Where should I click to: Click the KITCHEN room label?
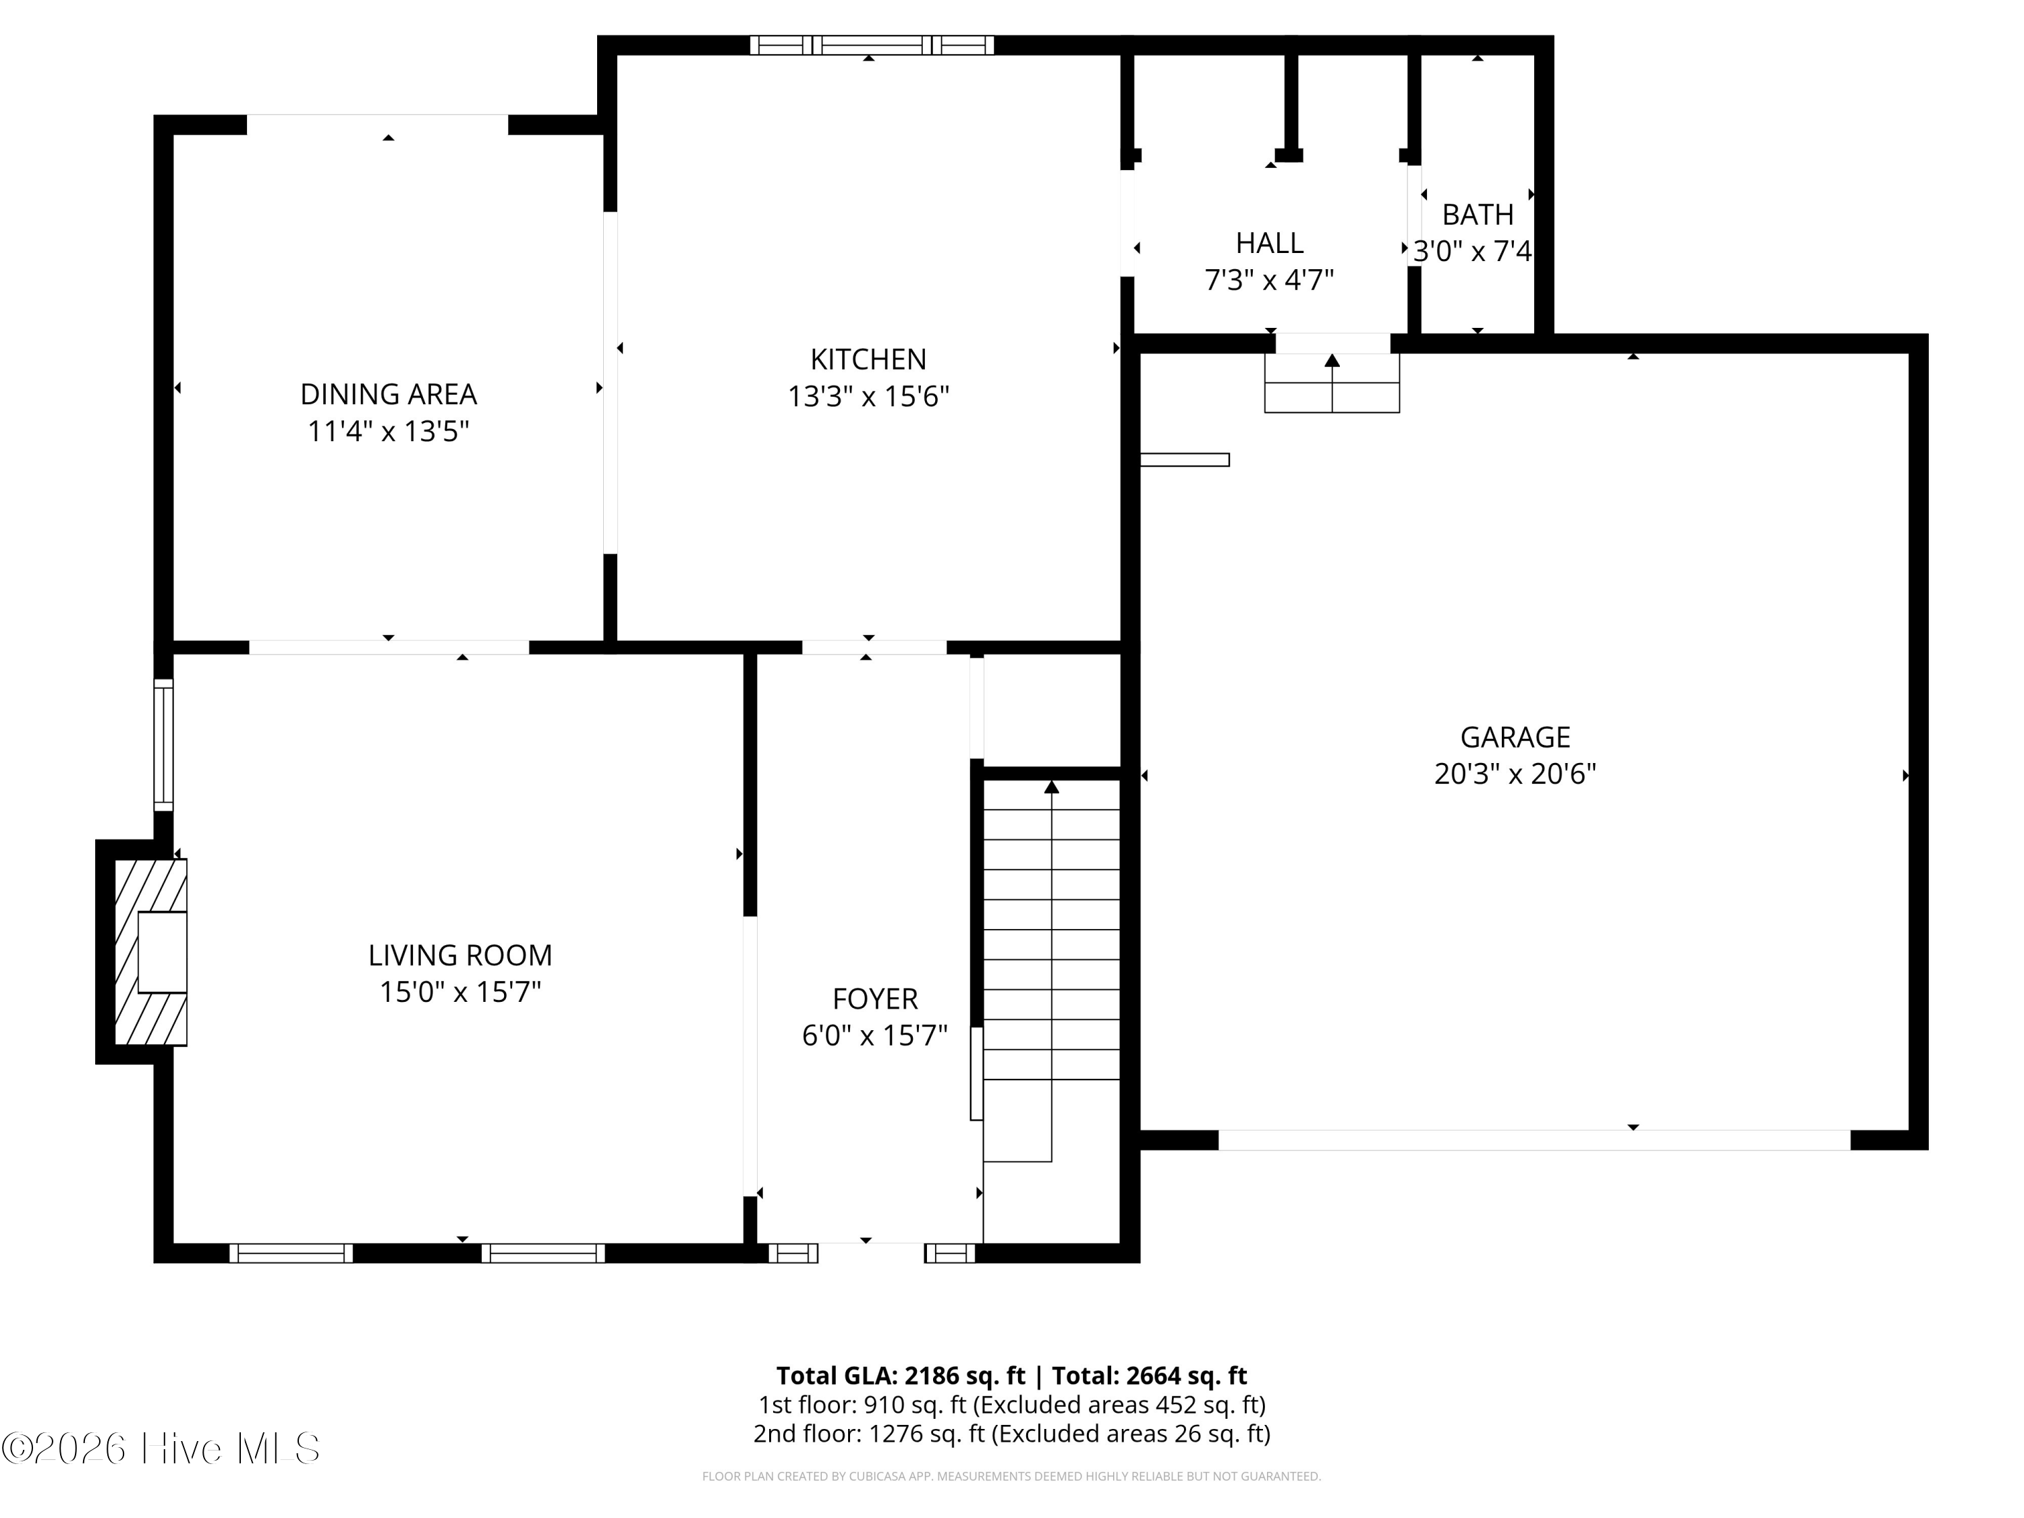(x=868, y=359)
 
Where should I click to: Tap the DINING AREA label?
(x=389, y=395)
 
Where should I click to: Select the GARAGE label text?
(x=1515, y=737)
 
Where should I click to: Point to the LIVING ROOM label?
(x=460, y=955)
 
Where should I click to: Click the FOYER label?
(x=875, y=999)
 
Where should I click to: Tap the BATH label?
(x=1478, y=214)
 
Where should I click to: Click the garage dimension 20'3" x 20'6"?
(x=1515, y=774)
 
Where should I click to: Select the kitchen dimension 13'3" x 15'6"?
(x=868, y=396)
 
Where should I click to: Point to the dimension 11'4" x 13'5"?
(x=389, y=431)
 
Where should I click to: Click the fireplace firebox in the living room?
(x=162, y=953)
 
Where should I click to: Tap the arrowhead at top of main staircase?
(x=1051, y=787)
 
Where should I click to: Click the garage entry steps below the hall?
(x=1332, y=383)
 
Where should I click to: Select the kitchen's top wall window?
(x=871, y=45)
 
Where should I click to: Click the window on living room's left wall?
(x=163, y=745)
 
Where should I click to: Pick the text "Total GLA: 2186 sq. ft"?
(x=901, y=1375)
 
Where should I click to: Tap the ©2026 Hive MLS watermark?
(x=161, y=1449)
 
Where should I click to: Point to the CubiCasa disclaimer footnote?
(x=1011, y=1476)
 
